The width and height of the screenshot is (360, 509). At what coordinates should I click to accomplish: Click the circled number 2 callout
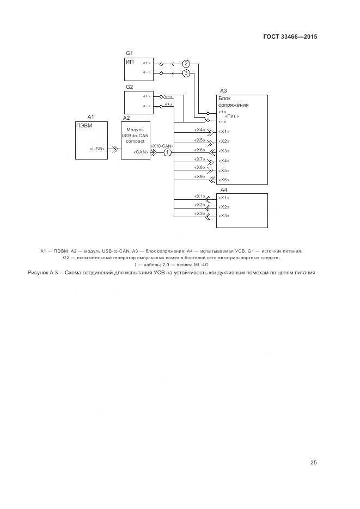[186, 63]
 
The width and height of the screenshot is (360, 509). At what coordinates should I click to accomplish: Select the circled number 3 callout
[186, 72]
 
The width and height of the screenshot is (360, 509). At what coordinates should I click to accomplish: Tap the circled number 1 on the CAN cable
[168, 153]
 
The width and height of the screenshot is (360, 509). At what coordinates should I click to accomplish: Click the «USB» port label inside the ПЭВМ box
[97, 148]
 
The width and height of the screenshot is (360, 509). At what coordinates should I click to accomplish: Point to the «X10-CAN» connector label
[162, 146]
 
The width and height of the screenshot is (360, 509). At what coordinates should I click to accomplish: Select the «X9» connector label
[199, 176]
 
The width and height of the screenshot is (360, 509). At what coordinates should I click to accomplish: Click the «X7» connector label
[199, 158]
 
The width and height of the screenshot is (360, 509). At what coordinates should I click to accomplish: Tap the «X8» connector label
[199, 167]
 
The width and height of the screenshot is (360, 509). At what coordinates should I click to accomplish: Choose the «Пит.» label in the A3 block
[231, 116]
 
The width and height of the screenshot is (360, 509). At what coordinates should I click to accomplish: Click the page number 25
[314, 463]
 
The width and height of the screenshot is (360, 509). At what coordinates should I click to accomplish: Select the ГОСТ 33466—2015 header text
[290, 37]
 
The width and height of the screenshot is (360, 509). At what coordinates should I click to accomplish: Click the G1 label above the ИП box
[129, 53]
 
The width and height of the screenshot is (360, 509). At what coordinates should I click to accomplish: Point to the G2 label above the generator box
[129, 87]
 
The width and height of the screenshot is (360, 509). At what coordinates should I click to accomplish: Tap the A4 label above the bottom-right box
[223, 189]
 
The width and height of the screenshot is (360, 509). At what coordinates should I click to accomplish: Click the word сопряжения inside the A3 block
[234, 105]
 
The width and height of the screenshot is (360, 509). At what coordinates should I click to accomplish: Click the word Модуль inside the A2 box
[135, 130]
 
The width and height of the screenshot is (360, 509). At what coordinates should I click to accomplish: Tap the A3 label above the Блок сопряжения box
[223, 91]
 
